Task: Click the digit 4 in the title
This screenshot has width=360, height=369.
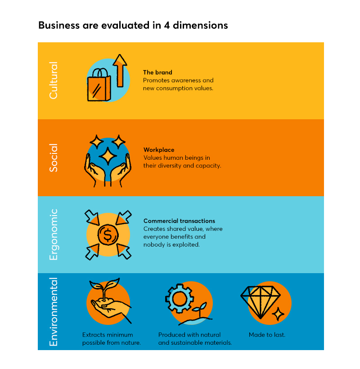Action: tap(167, 25)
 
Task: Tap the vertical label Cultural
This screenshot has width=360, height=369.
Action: tap(54, 80)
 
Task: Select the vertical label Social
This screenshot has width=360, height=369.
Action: tap(54, 157)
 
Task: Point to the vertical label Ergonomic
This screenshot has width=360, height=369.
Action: tap(54, 234)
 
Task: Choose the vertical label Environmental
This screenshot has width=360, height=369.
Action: tap(54, 312)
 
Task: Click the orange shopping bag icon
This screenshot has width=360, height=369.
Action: tap(99, 85)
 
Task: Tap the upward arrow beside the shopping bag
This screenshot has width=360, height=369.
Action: tap(120, 71)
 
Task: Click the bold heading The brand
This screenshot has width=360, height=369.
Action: tap(157, 72)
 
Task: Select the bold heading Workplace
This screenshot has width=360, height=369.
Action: tap(159, 150)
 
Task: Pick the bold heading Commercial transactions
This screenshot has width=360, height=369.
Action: tap(179, 221)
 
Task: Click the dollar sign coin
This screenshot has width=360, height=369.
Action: tap(108, 235)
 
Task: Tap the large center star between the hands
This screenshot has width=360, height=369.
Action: tap(108, 156)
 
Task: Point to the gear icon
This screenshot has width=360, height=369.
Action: tap(180, 299)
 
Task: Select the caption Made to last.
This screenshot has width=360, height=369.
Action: tap(267, 335)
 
